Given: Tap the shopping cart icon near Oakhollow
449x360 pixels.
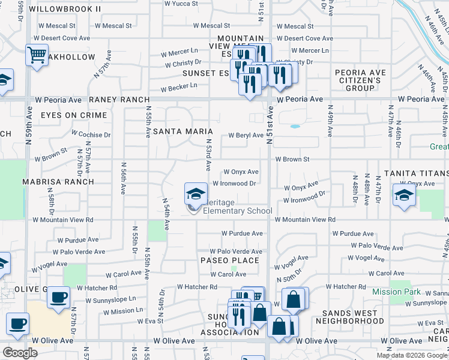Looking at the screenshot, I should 37,56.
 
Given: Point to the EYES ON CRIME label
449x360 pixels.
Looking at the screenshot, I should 74,115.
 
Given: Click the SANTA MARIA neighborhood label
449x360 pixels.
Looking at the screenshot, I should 183,131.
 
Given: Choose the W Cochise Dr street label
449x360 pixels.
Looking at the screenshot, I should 91,135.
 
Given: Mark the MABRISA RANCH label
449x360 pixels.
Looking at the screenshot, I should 58,181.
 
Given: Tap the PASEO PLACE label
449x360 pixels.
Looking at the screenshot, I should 231,260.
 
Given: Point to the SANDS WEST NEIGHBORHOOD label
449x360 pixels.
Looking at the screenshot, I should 361,317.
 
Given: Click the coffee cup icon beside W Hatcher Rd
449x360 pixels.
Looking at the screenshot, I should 59,296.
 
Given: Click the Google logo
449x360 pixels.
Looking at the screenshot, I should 20,353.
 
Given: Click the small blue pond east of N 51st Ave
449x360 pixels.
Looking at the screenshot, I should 294,127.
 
